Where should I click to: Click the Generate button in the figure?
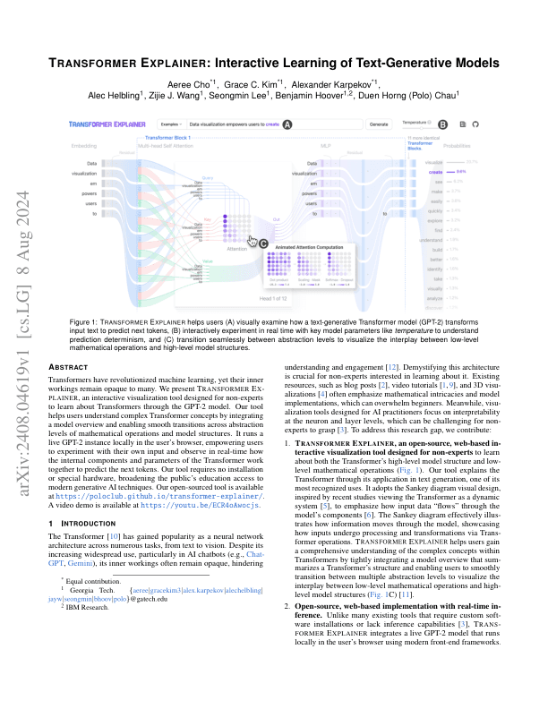click(379, 124)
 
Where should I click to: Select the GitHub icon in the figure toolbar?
click(476, 124)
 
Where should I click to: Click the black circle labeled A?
click(287, 125)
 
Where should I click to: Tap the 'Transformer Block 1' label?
click(169, 138)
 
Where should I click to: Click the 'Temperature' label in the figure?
click(415, 120)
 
